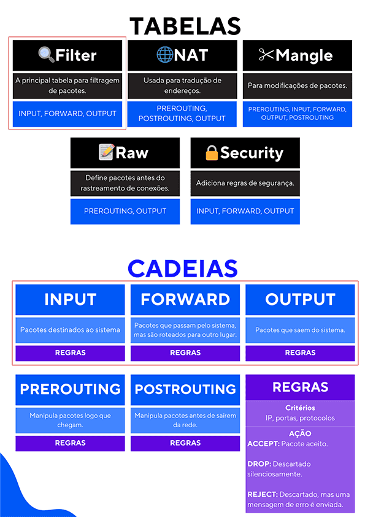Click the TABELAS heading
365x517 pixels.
tap(185, 26)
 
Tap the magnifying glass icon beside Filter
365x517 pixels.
tap(46, 54)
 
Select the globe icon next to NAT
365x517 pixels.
tap(164, 54)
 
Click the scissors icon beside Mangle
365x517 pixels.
tap(266, 54)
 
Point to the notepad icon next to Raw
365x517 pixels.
tap(107, 152)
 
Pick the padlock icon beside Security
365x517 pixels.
tap(212, 152)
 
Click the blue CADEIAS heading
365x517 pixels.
tap(183, 269)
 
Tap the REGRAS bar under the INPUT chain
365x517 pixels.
tap(70, 353)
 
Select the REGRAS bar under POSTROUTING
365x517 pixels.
tap(185, 443)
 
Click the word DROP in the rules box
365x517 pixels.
tap(259, 464)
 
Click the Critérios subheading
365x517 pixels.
tap(300, 408)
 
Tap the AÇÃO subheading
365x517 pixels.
tap(300, 433)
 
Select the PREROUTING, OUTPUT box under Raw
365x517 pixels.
tap(125, 211)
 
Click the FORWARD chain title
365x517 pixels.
tap(185, 299)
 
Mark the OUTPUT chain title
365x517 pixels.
tap(300, 299)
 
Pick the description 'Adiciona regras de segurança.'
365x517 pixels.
tap(245, 183)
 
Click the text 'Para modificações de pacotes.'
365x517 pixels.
tap(298, 85)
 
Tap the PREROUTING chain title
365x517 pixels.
tap(70, 389)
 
